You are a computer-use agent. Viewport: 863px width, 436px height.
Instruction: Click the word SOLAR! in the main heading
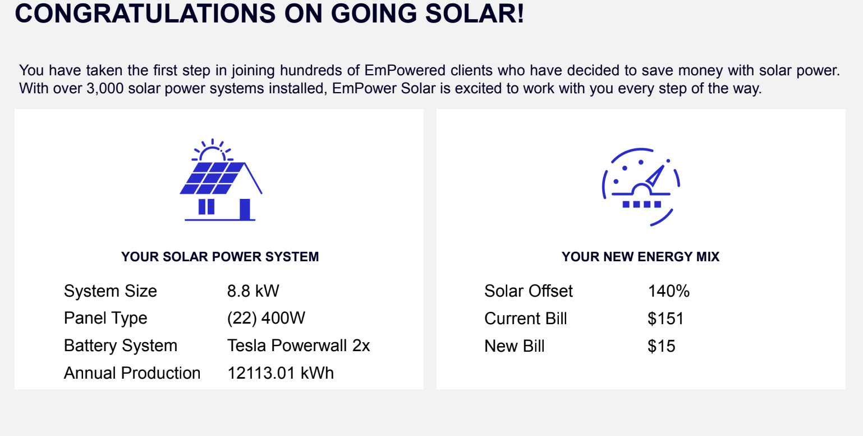(475, 13)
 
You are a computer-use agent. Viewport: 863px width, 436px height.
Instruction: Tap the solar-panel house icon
(221, 180)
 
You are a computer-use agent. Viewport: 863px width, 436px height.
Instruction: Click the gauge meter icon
(641, 187)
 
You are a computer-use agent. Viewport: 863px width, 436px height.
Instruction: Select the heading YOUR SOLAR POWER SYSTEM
(220, 257)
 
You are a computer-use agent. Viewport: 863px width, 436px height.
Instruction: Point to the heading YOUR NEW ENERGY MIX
(640, 257)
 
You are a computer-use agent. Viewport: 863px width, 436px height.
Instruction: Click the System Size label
(110, 291)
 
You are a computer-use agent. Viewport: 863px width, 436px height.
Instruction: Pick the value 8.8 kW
(253, 291)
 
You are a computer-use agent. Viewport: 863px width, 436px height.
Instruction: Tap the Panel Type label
(105, 319)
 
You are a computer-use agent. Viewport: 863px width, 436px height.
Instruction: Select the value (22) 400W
(266, 319)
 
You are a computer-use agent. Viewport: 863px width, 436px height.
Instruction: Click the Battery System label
(121, 346)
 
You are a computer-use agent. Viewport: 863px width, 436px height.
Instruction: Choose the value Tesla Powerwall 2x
(299, 346)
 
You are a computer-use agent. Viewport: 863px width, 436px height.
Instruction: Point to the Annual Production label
(132, 373)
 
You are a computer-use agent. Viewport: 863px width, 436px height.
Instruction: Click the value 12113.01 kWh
(281, 373)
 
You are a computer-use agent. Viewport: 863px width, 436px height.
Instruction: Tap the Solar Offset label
(529, 291)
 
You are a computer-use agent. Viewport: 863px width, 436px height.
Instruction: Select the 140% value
(669, 291)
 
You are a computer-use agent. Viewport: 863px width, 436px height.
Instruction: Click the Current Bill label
(526, 319)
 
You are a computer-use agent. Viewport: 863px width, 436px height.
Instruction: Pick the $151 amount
(665, 319)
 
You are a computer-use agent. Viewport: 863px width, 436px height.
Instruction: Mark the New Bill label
(515, 346)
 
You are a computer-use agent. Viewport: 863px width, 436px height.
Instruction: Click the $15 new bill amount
(662, 346)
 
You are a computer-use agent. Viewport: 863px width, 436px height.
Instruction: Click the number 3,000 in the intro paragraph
(105, 88)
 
